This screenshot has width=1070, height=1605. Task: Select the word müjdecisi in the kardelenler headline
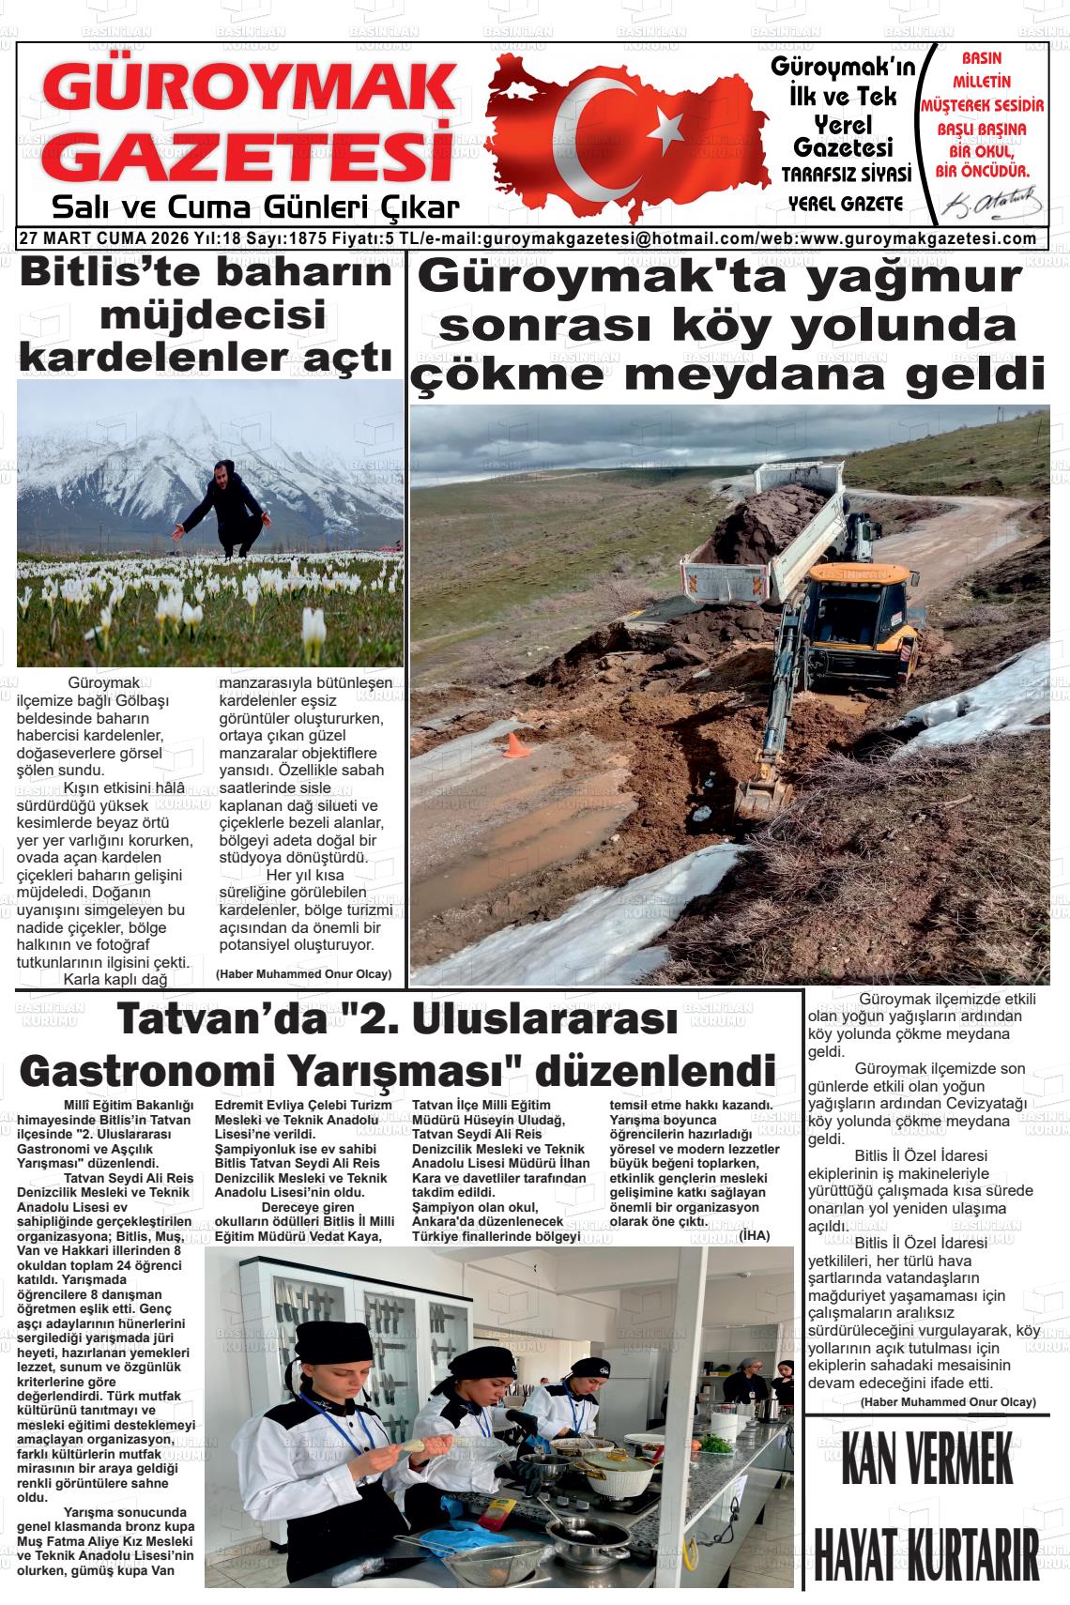[212, 314]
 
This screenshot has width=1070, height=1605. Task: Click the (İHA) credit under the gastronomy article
[754, 1235]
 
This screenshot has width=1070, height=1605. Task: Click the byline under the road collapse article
[948, 1401]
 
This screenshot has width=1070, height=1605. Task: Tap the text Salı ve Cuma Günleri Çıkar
[255, 206]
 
